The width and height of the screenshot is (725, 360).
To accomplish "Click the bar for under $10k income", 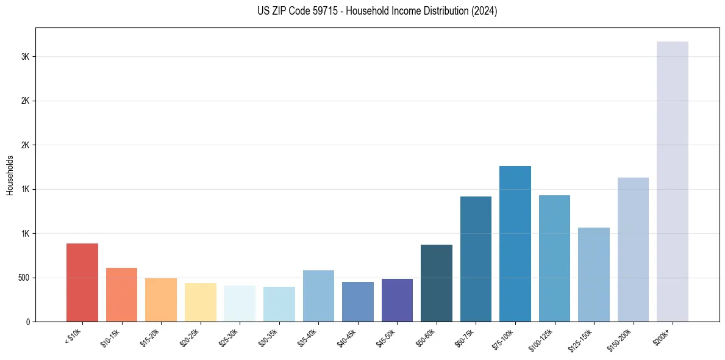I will pyautogui.click(x=82, y=283).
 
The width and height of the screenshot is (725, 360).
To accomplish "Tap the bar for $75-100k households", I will pyautogui.click(x=515, y=243).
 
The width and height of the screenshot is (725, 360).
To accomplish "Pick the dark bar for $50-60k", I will pyautogui.click(x=437, y=283).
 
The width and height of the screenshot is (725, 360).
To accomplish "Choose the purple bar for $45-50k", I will pyautogui.click(x=397, y=300).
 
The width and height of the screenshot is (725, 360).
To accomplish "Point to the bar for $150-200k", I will pyautogui.click(x=633, y=250).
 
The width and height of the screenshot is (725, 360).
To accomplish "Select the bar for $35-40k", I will pyautogui.click(x=318, y=296).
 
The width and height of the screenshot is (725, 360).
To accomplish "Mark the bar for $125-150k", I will pyautogui.click(x=594, y=275).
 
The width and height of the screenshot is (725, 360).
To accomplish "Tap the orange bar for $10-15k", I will pyautogui.click(x=121, y=295).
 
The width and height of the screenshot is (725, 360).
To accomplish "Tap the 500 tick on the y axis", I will pyautogui.click(x=24, y=278).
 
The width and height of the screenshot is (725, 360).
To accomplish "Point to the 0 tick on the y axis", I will pyautogui.click(x=28, y=322).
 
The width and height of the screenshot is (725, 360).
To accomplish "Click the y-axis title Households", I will pyautogui.click(x=10, y=175).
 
